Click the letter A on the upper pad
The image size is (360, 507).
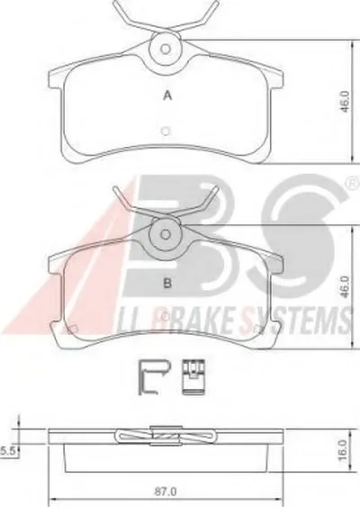167,95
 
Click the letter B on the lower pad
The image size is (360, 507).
167,284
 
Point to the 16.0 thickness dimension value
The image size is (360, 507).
344,449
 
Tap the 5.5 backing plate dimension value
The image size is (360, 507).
9,451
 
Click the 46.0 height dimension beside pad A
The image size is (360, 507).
345,101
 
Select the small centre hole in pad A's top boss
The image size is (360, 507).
166,50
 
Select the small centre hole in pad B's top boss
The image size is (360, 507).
166,234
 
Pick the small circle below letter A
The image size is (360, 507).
166,131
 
